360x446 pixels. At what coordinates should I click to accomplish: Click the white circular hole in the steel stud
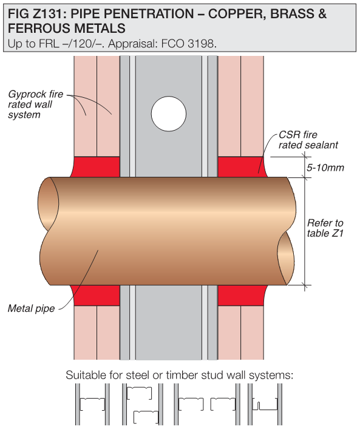(x=169, y=114)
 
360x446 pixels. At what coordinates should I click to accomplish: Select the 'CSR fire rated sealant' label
(x=308, y=140)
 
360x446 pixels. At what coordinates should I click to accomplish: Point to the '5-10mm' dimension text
(x=325, y=168)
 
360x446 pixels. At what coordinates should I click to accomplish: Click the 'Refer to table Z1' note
(x=325, y=228)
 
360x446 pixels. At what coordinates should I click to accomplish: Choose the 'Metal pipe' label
(x=31, y=308)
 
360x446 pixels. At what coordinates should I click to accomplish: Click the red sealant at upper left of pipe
(x=95, y=167)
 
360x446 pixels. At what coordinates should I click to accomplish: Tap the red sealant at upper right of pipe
(x=242, y=167)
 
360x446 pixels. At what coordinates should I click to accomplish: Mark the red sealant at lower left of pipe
(x=95, y=295)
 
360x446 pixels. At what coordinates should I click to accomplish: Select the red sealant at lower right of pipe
(x=242, y=295)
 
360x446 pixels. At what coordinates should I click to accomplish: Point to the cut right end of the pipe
(x=286, y=258)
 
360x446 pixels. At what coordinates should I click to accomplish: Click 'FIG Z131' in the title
(x=36, y=13)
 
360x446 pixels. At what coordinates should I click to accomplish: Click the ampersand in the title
(x=322, y=13)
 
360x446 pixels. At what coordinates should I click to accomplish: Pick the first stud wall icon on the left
(x=92, y=404)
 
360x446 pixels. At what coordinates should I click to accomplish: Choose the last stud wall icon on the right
(x=265, y=404)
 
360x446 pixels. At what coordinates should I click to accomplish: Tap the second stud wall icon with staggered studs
(x=142, y=404)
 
